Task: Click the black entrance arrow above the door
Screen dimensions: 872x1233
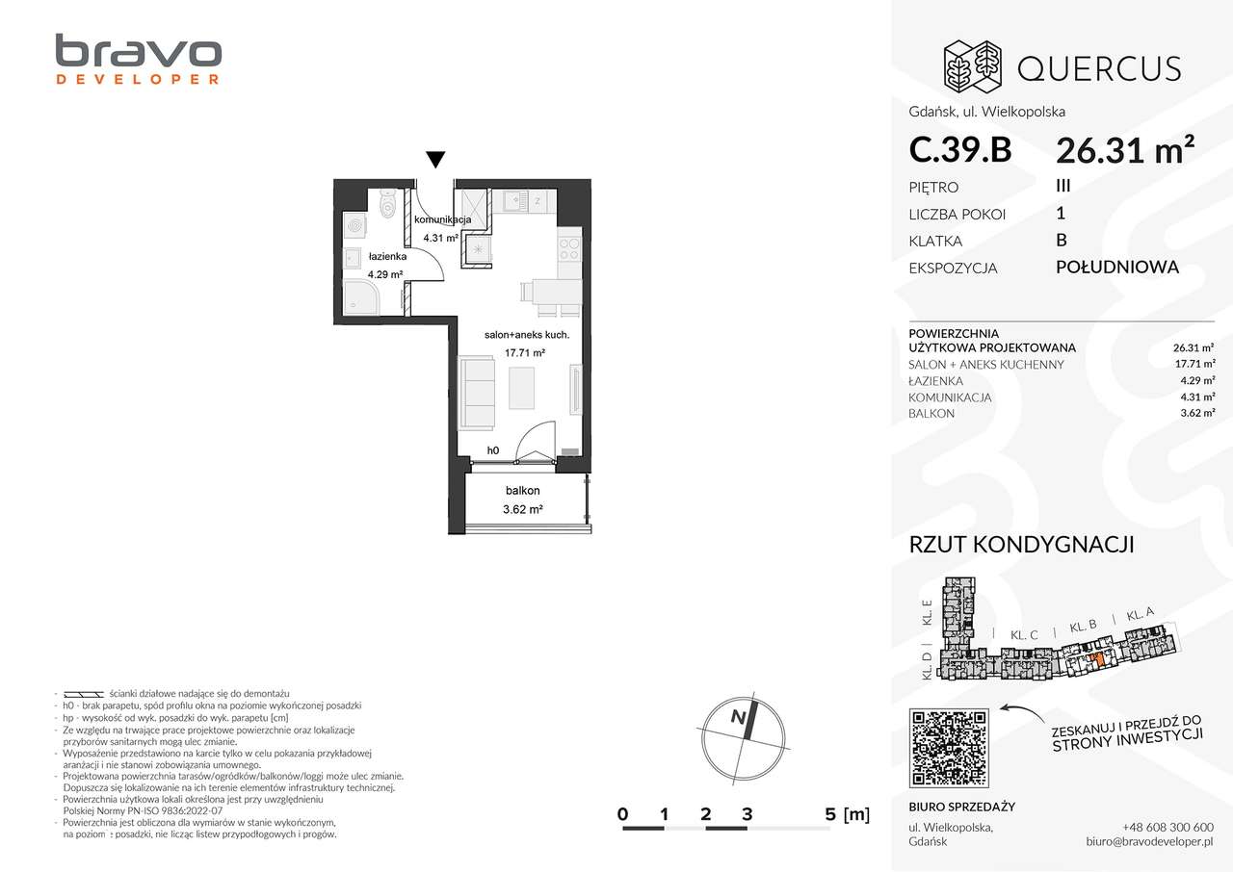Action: tap(435, 160)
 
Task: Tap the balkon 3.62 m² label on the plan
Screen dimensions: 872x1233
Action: tap(524, 501)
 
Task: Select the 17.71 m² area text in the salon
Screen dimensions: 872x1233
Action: tap(526, 353)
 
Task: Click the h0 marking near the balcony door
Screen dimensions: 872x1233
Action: tap(492, 449)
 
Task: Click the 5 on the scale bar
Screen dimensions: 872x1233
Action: tap(830, 814)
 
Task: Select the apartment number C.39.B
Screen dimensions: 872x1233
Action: tap(959, 150)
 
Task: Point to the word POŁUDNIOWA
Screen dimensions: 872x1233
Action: tap(1117, 268)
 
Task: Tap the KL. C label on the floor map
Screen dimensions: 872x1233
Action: tap(1023, 635)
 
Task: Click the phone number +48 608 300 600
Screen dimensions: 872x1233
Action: tap(1167, 828)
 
